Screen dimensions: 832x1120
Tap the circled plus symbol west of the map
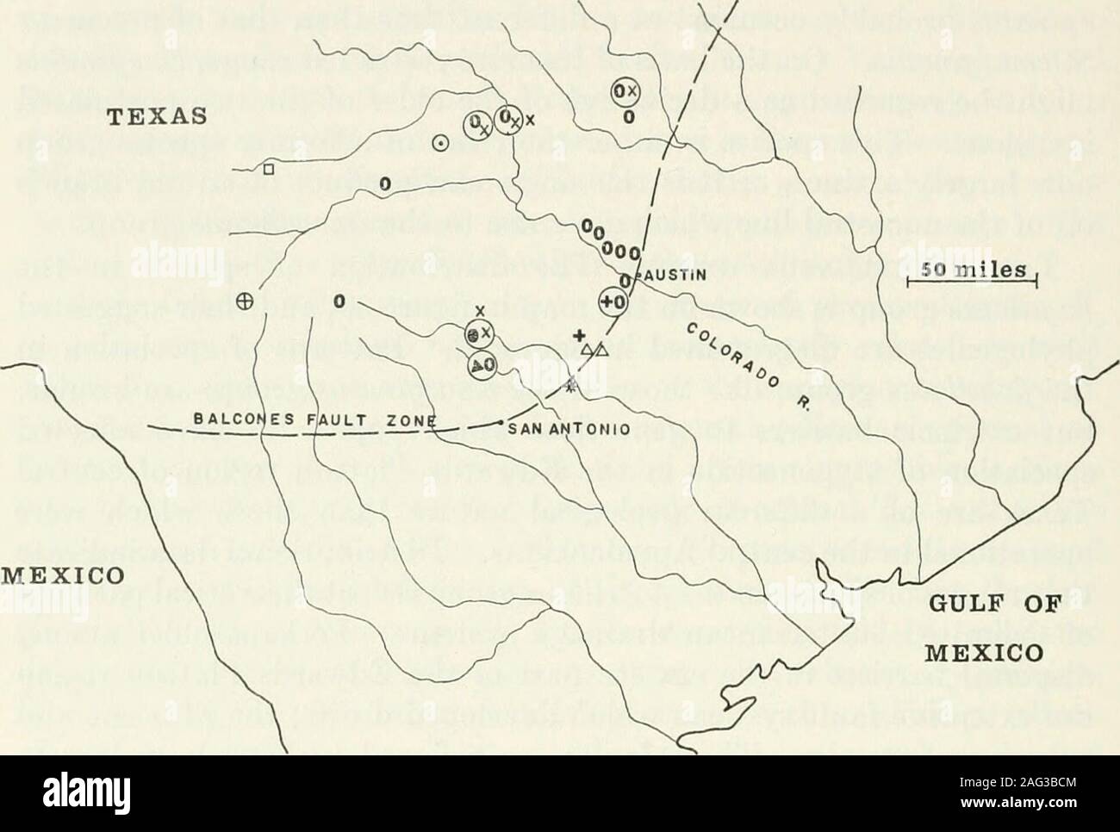(x=244, y=301)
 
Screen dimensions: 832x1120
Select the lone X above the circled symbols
(x=480, y=311)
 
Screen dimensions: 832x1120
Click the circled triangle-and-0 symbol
(x=480, y=365)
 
